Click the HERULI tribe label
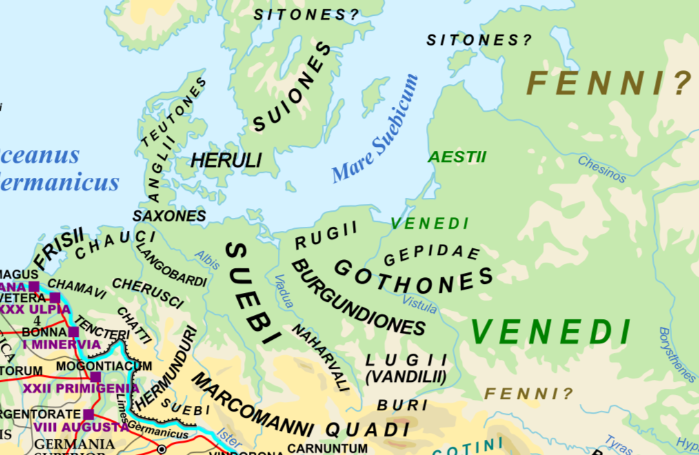coord(226,161)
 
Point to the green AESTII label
coord(457,157)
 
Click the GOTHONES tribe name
coord(414,276)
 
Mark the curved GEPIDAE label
coord(432,254)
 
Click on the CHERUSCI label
coord(148,293)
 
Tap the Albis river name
coord(207,259)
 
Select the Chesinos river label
coord(602,169)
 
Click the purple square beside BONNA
coord(73,332)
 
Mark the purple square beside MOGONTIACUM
coord(96,376)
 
